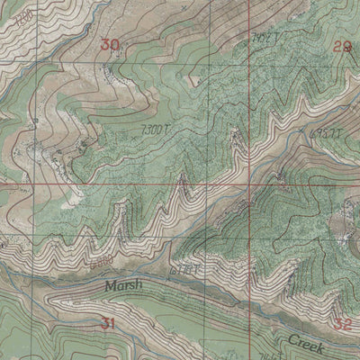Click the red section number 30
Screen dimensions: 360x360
[110, 45]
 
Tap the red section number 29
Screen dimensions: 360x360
[342, 47]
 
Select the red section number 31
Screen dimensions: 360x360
[109, 323]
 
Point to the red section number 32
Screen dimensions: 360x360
[342, 324]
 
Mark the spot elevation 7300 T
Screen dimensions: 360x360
[155, 131]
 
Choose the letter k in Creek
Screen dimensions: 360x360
[325, 344]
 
